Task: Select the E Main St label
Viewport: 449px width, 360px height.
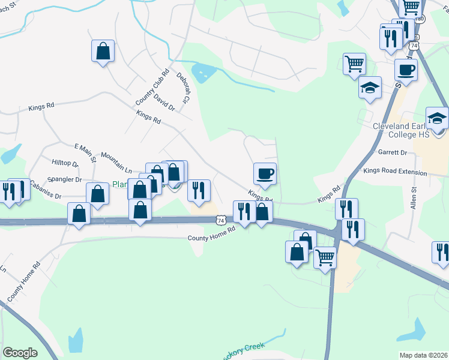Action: (85, 153)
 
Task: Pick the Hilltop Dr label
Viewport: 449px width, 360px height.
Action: (65, 163)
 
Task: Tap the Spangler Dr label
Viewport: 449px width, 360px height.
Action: (64, 179)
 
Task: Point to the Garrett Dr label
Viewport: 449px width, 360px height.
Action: (393, 152)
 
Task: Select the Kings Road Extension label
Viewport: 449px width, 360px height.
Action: (395, 172)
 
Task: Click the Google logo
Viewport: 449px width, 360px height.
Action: (20, 353)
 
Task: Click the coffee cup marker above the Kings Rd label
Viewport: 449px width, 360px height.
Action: (265, 175)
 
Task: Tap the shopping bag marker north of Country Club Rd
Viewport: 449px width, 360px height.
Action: (103, 51)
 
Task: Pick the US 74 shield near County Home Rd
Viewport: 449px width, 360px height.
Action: (222, 220)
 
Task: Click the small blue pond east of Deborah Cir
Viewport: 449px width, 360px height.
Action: (206, 73)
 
